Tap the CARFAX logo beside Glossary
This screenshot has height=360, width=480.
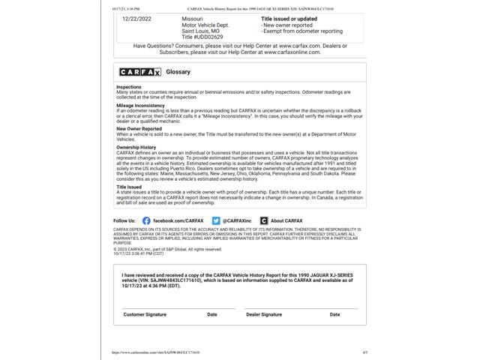(140, 72)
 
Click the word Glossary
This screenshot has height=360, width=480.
(178, 72)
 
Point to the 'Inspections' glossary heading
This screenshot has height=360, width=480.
(129, 87)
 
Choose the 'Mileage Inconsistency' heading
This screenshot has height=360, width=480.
(140, 106)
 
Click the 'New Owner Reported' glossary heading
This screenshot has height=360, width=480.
(139, 128)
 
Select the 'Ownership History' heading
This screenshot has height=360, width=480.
(136, 148)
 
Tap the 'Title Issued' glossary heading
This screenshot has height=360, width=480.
(129, 187)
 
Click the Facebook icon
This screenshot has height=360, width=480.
(146, 221)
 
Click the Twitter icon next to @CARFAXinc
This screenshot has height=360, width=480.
(216, 221)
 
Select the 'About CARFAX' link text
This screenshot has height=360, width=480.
(286, 221)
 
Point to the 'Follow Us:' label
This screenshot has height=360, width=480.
(124, 221)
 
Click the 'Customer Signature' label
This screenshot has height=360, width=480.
(145, 314)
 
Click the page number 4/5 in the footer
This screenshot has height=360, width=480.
(364, 352)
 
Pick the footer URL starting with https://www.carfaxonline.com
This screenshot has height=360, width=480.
(147, 352)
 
